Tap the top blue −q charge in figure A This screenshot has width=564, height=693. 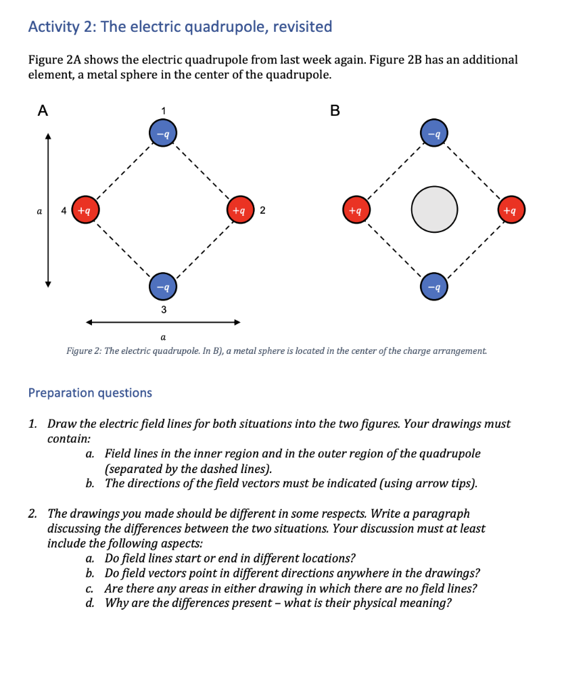162,133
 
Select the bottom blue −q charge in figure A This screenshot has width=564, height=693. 162,286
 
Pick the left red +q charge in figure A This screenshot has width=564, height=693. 86,210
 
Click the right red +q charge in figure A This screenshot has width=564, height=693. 239,210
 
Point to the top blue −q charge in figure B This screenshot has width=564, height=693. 433,133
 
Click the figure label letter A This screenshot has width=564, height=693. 43,111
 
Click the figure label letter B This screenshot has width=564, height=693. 334,111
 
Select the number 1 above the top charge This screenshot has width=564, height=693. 162,110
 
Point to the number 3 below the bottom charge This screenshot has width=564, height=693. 162,309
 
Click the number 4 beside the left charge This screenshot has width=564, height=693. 64,210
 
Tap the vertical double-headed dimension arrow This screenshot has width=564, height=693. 48,210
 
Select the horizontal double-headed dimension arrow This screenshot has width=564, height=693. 162,322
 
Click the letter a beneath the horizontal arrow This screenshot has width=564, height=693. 162,336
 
